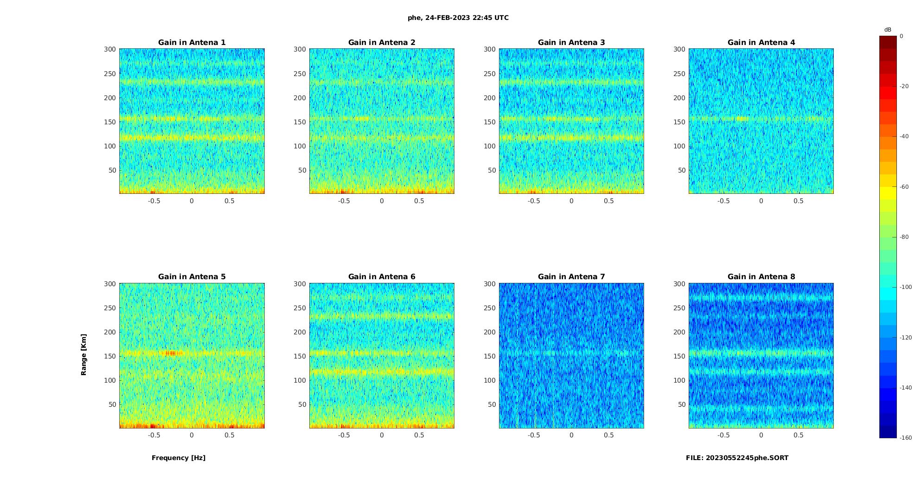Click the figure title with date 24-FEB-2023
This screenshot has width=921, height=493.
(458, 18)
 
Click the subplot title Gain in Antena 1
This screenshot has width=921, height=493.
(192, 42)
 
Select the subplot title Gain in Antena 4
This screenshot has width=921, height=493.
(761, 42)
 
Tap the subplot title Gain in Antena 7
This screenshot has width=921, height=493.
(571, 276)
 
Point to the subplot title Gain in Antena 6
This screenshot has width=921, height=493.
(382, 276)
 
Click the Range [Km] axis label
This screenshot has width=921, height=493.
(84, 355)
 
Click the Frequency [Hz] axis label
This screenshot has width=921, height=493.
(179, 458)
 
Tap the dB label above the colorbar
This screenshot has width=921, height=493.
(888, 30)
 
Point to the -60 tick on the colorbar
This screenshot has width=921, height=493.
(904, 187)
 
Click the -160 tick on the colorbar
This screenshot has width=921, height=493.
(906, 438)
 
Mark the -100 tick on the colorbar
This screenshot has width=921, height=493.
(906, 287)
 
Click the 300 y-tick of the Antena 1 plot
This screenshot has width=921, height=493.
(109, 49)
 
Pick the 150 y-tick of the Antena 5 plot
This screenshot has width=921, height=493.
(109, 356)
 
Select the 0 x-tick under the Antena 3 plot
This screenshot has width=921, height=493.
(571, 201)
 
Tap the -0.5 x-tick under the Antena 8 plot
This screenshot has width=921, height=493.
(723, 435)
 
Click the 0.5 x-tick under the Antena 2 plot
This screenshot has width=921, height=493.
(419, 201)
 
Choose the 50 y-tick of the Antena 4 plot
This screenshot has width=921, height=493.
(681, 170)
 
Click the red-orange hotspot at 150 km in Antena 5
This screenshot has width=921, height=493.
(173, 353)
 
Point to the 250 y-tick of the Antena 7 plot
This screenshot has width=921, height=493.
(489, 308)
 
